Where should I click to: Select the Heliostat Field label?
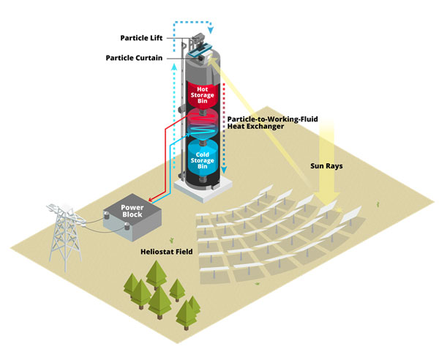click(x=166, y=252)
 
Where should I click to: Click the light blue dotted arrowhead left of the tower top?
click(x=174, y=66)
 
